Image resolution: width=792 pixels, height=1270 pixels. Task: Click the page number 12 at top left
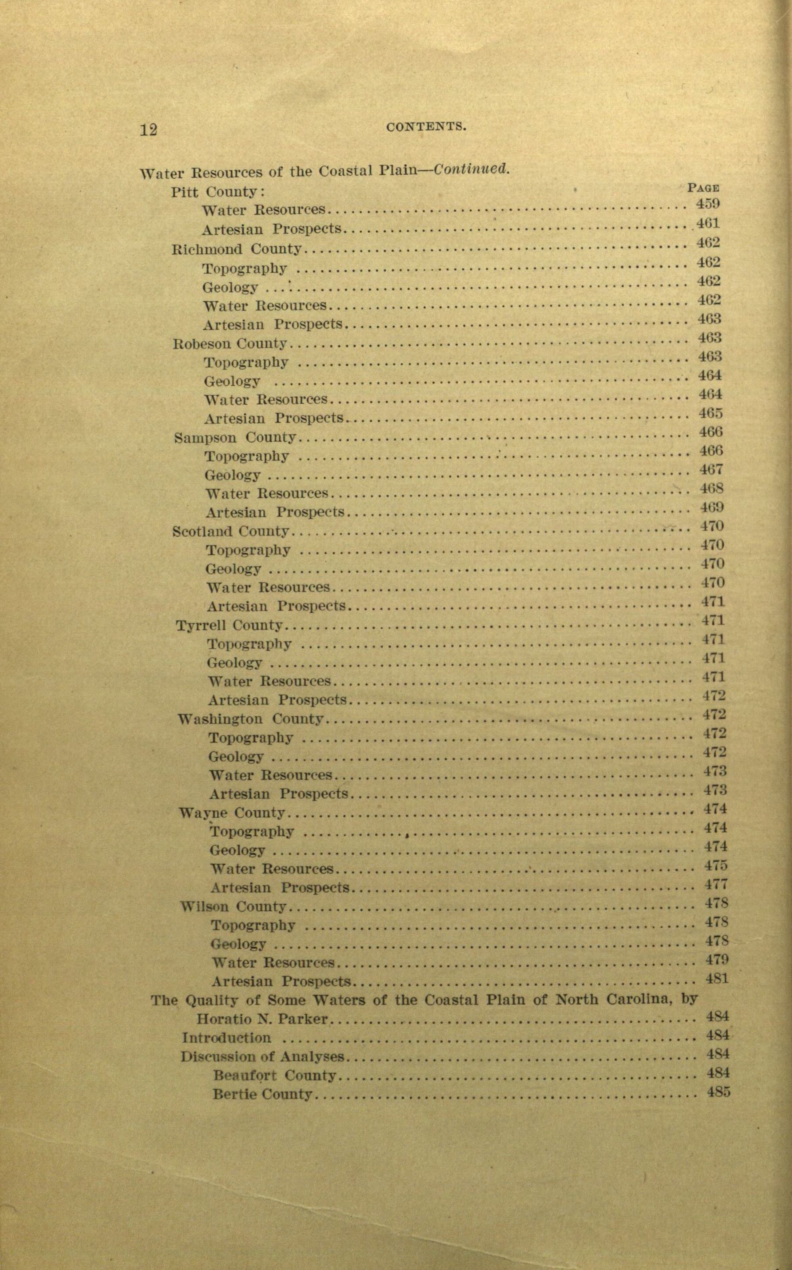[149, 129]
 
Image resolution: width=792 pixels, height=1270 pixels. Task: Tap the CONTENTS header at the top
[426, 126]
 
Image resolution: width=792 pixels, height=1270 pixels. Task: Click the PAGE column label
[703, 188]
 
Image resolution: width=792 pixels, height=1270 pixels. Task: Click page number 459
[708, 204]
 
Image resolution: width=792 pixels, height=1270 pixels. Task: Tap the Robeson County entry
[230, 344]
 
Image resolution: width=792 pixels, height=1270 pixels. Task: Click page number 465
[710, 413]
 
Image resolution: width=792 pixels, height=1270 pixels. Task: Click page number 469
[712, 507]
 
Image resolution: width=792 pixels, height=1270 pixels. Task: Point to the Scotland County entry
[231, 532]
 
